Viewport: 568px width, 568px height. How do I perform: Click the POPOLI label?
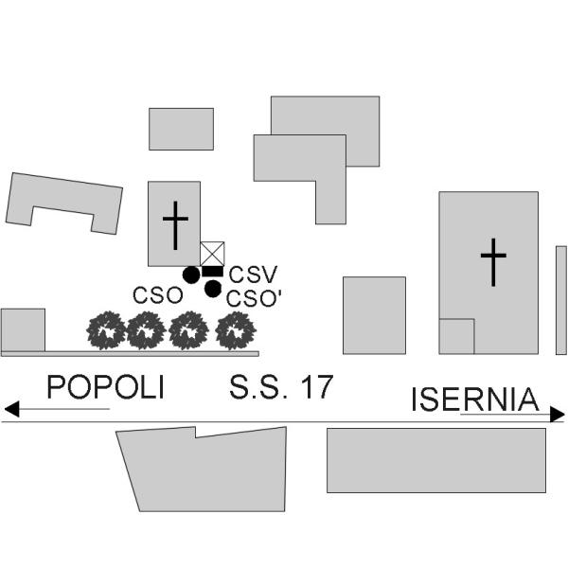[105, 387]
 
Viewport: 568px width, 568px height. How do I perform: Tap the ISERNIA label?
[475, 399]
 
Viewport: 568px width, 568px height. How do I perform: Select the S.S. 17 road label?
[281, 387]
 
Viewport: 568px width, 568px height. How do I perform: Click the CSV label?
[253, 275]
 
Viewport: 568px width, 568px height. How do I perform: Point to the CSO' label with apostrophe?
[254, 299]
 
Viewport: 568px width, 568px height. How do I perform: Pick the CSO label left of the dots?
[158, 295]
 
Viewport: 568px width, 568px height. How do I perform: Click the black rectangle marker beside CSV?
[213, 272]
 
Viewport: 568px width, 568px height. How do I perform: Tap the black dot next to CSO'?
[213, 289]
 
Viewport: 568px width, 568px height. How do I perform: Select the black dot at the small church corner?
[191, 275]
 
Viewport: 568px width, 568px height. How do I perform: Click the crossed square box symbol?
[212, 254]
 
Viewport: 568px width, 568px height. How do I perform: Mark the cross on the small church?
[175, 225]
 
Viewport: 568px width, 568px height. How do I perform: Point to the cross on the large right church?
[493, 262]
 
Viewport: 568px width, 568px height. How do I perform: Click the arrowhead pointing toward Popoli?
[11, 409]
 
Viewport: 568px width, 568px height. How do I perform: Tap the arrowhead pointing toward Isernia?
[558, 414]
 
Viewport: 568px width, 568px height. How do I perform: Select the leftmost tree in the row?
[106, 330]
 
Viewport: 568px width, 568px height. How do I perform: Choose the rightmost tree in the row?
[236, 330]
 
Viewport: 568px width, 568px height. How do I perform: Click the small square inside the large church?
[456, 336]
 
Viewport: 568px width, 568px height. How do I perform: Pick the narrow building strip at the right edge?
[561, 300]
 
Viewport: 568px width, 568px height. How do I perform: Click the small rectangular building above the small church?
[181, 129]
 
